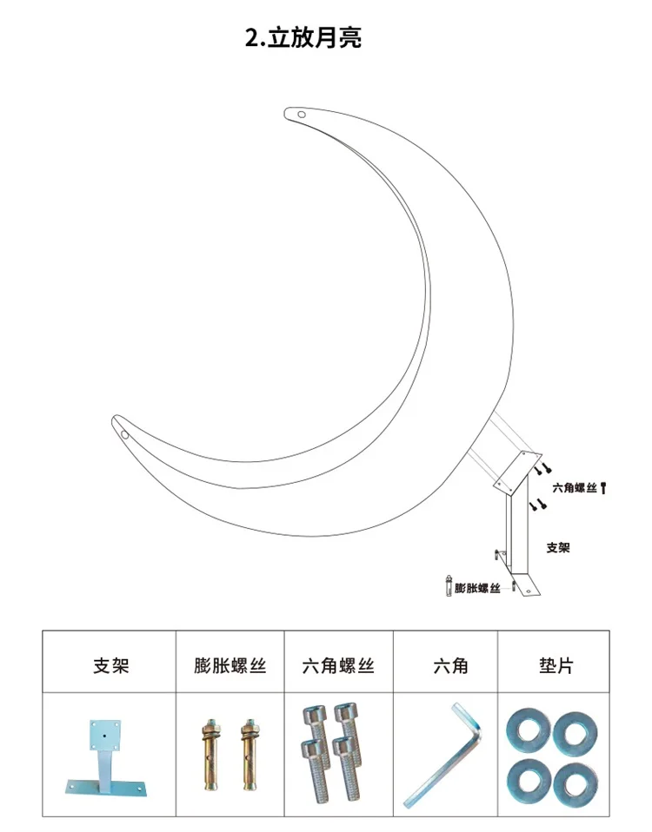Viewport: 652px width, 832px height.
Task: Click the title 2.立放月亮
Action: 303,38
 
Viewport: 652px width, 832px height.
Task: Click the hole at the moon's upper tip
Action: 302,114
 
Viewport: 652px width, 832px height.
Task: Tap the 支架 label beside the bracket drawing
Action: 558,548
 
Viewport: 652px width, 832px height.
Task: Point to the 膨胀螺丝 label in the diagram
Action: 478,588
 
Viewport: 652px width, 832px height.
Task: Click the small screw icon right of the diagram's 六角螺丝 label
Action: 603,489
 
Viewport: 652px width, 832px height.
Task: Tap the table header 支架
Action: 110,666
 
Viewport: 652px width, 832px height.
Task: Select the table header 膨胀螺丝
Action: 230,666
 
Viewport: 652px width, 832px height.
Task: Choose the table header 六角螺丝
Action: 338,666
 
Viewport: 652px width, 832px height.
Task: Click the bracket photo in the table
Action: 106,756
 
